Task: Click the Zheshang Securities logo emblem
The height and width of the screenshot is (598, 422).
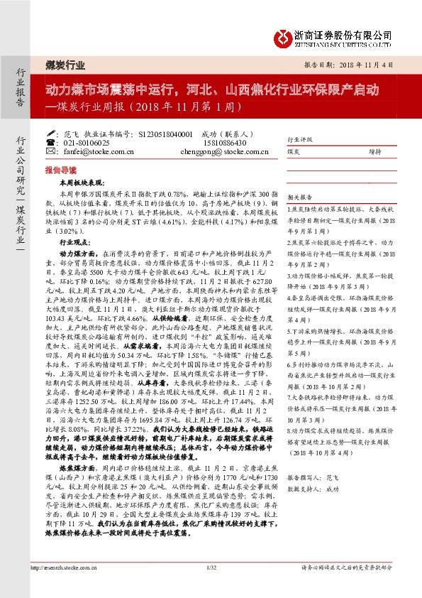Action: pyautogui.click(x=283, y=35)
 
